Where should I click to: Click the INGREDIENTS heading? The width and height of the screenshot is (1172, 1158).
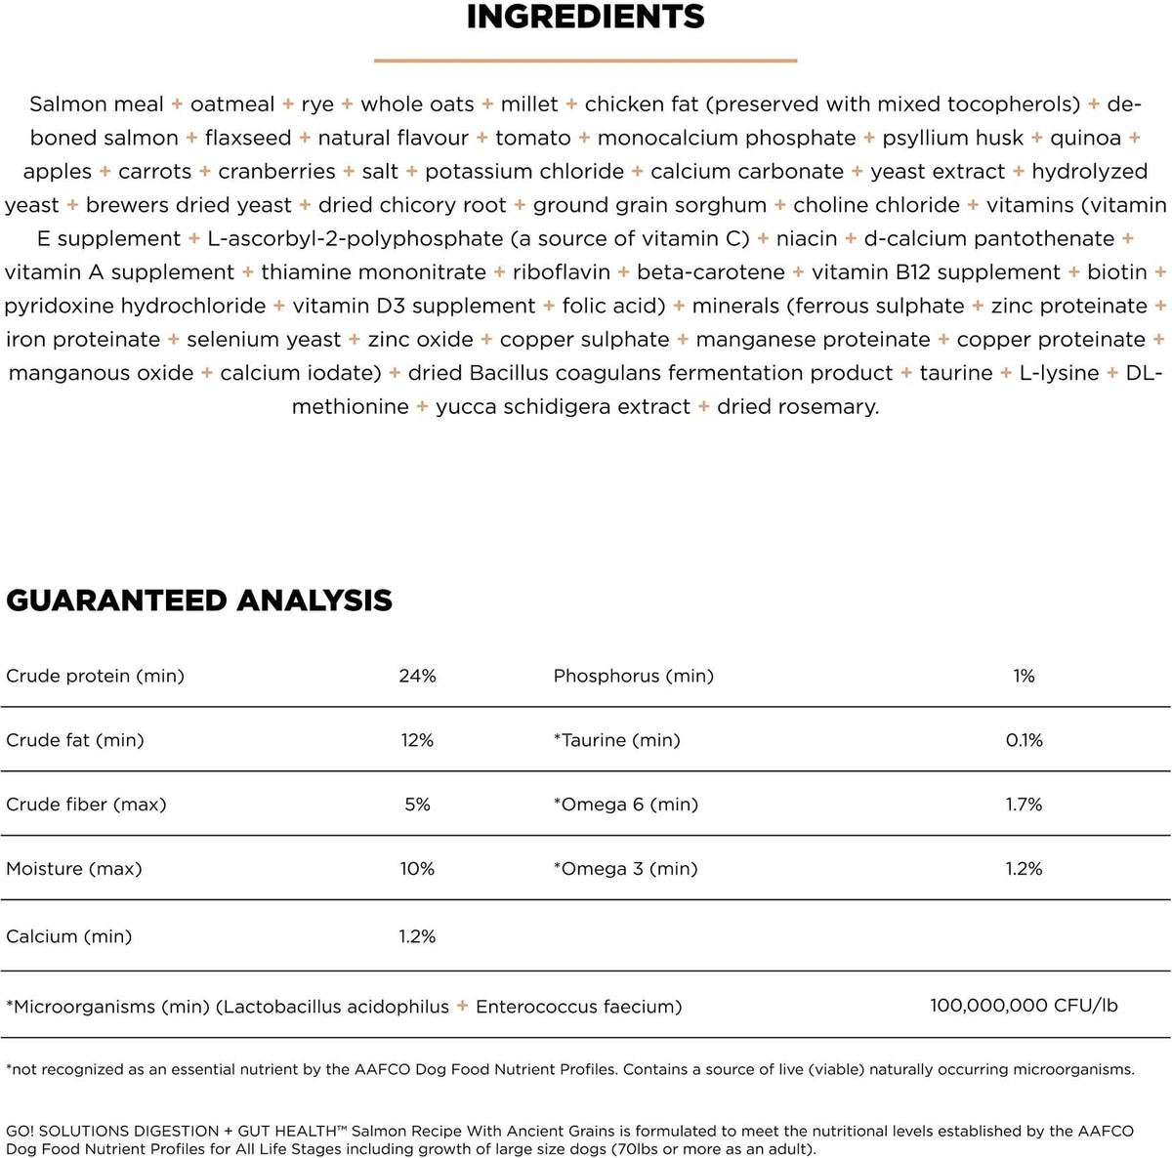(585, 17)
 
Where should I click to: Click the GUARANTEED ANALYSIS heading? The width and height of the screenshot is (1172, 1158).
(199, 600)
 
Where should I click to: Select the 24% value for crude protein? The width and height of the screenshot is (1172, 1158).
(417, 676)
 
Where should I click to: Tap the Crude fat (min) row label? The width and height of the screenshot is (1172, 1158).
(75, 740)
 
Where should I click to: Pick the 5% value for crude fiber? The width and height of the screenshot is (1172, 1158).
(417, 805)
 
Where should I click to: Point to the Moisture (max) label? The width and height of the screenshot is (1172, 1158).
(74, 869)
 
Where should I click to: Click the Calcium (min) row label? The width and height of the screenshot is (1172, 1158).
(69, 936)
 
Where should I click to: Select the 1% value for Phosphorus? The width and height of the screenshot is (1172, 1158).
(1024, 676)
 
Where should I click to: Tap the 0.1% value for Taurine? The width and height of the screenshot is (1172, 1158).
(1024, 740)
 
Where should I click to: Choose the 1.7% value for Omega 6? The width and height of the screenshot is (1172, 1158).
(1024, 805)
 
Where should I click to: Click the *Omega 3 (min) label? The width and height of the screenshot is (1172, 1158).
(625, 869)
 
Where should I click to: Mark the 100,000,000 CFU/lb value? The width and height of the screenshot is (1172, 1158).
(1024, 1005)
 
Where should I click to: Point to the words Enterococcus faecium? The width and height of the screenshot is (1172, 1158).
(578, 1007)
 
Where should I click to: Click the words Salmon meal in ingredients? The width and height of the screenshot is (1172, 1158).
(97, 104)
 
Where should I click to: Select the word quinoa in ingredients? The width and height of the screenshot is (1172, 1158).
(1085, 138)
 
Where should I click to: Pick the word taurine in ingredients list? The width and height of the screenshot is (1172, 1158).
(956, 373)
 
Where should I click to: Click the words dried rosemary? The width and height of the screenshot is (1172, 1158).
(798, 407)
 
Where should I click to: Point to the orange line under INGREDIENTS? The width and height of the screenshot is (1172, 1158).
(585, 61)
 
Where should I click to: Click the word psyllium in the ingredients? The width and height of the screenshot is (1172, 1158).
(923, 139)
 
